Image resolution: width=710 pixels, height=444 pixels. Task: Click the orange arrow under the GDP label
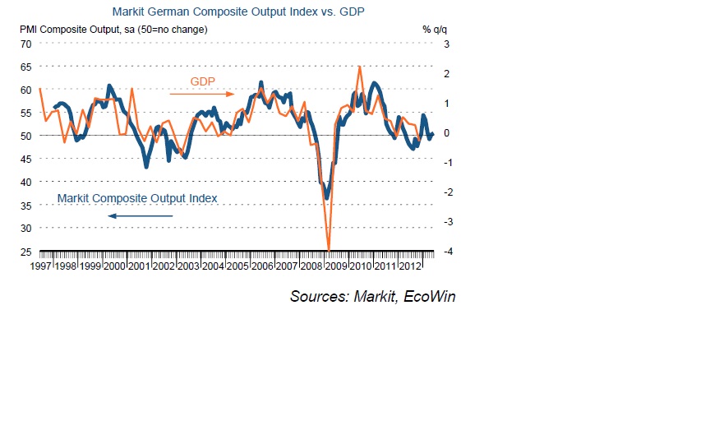(x=196, y=94)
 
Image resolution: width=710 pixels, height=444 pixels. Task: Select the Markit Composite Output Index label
(x=137, y=198)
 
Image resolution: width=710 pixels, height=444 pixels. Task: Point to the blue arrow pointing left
(x=140, y=216)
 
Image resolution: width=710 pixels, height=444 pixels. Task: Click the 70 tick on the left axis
(x=25, y=44)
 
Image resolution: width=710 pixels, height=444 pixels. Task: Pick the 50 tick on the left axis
(x=25, y=136)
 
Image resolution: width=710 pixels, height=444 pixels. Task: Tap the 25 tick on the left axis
(x=25, y=252)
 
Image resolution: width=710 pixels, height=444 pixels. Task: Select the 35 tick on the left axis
(x=25, y=206)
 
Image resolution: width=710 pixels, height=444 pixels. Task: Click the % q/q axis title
(x=432, y=30)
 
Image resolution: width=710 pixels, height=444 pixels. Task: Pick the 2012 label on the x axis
(x=410, y=266)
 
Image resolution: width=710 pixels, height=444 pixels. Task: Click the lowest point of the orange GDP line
(x=329, y=249)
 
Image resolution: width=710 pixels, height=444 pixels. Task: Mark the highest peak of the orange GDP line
(x=360, y=67)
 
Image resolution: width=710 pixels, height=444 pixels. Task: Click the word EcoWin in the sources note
(x=426, y=296)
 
